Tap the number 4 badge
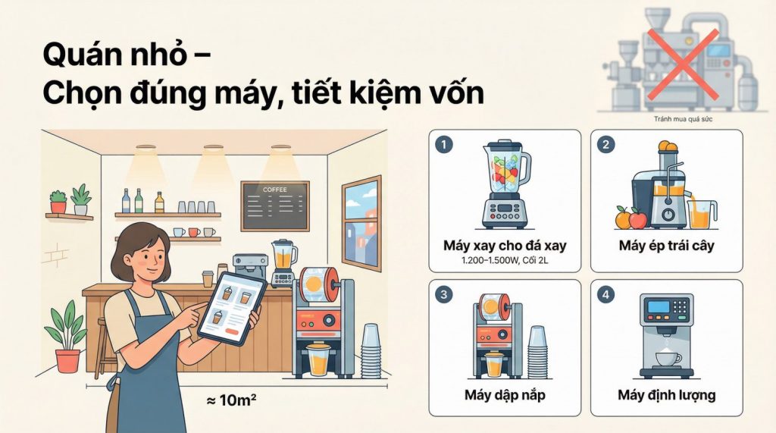tap(605, 294)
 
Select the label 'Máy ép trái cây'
tap(666, 246)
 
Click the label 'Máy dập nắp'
tap(504, 395)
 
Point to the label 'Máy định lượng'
tap(666, 395)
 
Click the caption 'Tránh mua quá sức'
tap(683, 119)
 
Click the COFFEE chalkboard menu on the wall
tap(274, 205)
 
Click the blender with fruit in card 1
tap(504, 182)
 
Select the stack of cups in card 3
tap(537, 350)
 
